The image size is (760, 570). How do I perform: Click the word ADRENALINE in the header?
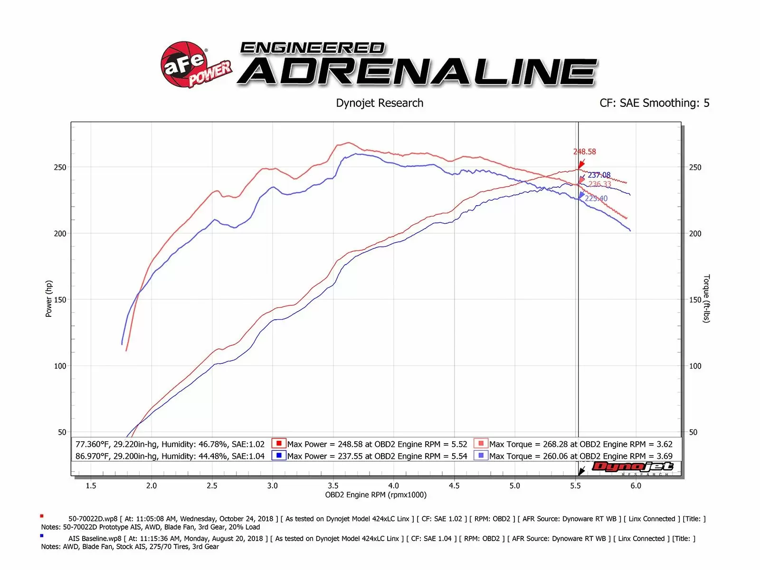tap(417, 72)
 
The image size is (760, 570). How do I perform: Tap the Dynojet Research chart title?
tap(380, 103)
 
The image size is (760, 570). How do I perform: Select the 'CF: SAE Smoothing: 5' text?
tap(654, 103)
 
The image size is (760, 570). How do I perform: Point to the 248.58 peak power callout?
tap(584, 152)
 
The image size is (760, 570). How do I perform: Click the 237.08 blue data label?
tap(599, 175)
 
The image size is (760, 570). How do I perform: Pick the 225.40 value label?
tap(596, 198)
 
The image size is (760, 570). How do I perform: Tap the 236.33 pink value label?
tap(599, 184)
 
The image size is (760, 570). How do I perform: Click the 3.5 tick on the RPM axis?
tap(333, 485)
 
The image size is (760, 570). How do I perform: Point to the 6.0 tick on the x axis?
tap(636, 485)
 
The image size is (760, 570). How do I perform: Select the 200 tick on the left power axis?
tap(60, 233)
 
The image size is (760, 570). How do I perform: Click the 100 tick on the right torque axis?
tap(695, 366)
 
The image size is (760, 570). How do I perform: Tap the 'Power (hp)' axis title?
tap(48, 299)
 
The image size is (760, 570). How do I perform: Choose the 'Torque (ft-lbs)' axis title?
tap(706, 299)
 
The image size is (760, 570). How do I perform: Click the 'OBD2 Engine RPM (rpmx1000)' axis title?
tap(376, 495)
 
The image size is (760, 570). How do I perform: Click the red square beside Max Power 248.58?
tap(278, 444)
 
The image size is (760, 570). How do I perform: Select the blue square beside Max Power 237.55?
tap(278, 456)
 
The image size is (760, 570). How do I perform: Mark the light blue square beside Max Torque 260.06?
tap(481, 456)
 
